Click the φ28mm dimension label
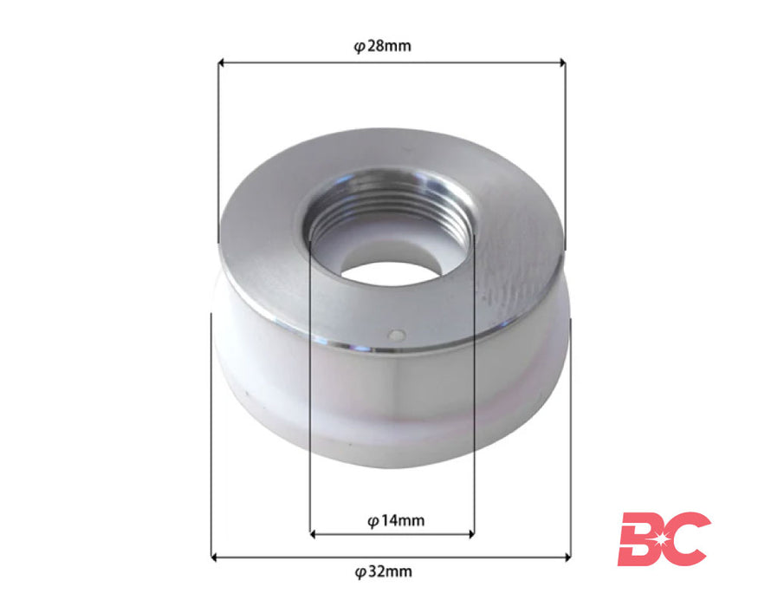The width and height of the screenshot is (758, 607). point(382,46)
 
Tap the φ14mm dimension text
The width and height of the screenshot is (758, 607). point(395,520)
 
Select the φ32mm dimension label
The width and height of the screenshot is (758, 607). point(383,571)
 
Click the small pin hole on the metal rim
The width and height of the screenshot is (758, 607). point(395,333)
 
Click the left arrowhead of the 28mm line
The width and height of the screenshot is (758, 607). point(222,62)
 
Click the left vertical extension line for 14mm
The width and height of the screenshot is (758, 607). point(310,390)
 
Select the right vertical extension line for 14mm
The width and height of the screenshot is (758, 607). point(474,390)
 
